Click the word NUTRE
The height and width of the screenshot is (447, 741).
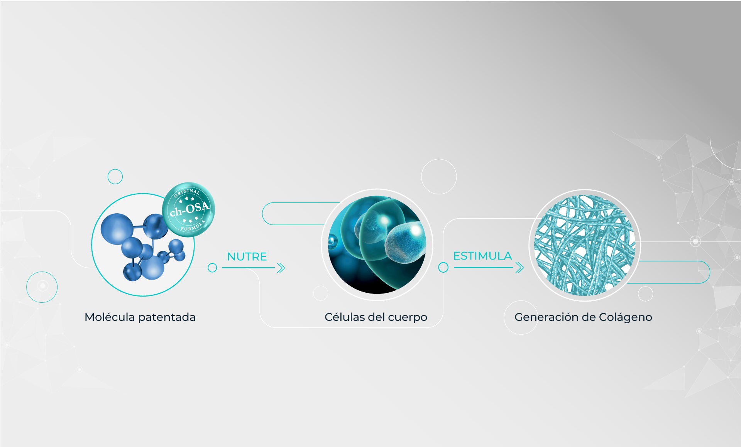[x=247, y=256]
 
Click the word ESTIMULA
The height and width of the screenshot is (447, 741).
[x=482, y=256]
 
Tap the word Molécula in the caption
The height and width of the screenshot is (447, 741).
[x=110, y=317]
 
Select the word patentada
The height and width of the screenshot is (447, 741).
[x=167, y=317]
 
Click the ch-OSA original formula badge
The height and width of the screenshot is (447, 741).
[x=189, y=209]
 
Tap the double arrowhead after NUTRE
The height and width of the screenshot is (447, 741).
[x=281, y=268]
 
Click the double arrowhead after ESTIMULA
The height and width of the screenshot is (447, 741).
[x=519, y=267]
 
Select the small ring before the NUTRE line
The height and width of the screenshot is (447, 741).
[x=212, y=268]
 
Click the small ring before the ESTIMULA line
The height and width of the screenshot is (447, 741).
[x=443, y=267]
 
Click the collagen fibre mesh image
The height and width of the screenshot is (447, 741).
[x=584, y=245]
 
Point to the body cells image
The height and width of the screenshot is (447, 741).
[x=377, y=245]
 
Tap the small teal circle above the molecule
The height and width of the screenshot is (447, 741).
[x=115, y=177]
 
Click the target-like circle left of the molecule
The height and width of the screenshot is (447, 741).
[x=42, y=287]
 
